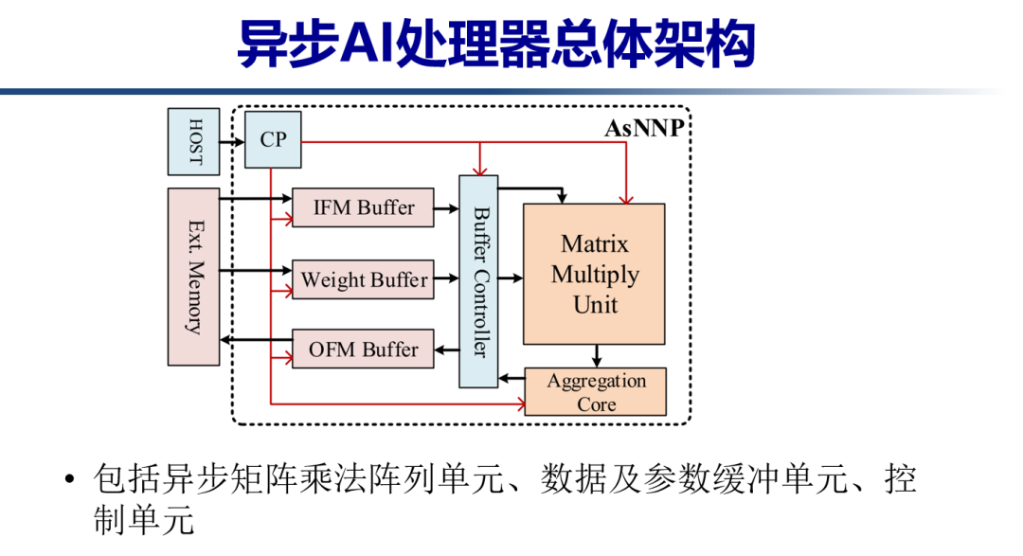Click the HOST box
(x=193, y=141)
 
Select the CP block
(x=273, y=140)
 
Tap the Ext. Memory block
(x=193, y=277)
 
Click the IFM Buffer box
(x=363, y=207)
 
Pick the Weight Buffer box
(x=363, y=280)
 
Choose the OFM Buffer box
(x=363, y=350)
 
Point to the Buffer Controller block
(x=478, y=280)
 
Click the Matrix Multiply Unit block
(x=595, y=275)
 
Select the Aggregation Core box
(x=596, y=391)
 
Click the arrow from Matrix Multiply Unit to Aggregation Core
(x=597, y=356)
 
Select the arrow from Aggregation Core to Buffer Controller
(x=511, y=380)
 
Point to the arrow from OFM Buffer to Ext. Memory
(x=256, y=341)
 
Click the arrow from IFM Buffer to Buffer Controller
(x=446, y=207)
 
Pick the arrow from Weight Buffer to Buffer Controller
(x=446, y=278)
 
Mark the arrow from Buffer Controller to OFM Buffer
(x=446, y=350)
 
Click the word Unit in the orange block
(x=595, y=306)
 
